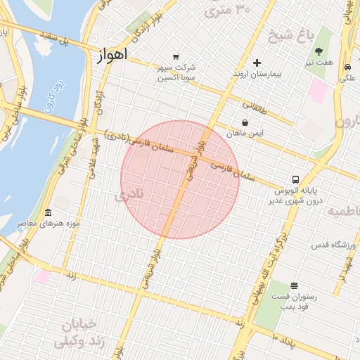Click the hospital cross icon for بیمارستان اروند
(x=257, y=63)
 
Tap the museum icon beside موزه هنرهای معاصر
(x=48, y=213)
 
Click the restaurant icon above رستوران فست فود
(x=294, y=285)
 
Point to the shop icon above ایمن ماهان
(x=245, y=122)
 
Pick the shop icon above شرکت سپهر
(x=175, y=57)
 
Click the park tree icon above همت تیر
(x=319, y=51)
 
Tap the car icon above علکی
(x=348, y=67)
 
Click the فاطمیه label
(x=345, y=212)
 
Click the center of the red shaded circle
(x=181, y=179)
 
